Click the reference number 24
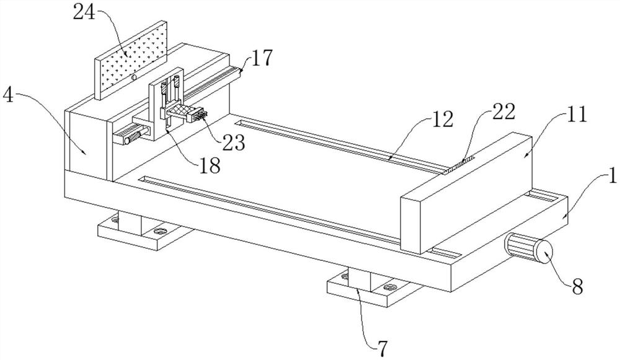(84, 12)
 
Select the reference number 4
(8, 95)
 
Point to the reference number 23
(233, 143)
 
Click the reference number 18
(209, 166)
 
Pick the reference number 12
(443, 120)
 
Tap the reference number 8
(578, 287)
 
